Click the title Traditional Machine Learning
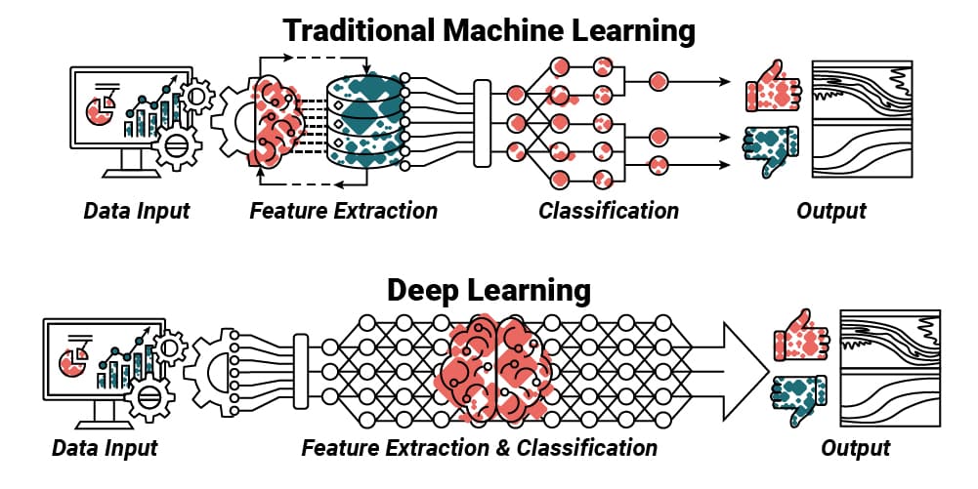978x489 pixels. [489, 30]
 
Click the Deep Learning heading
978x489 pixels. [489, 290]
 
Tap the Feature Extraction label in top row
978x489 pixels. [343, 210]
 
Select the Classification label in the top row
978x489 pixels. [608, 210]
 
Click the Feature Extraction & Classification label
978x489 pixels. [479, 448]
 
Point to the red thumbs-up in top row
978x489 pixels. [772, 92]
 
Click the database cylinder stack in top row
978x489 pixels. [366, 122]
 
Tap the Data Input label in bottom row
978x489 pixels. [105, 448]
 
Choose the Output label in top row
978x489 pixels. [831, 210]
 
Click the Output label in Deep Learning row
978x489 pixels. [855, 448]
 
